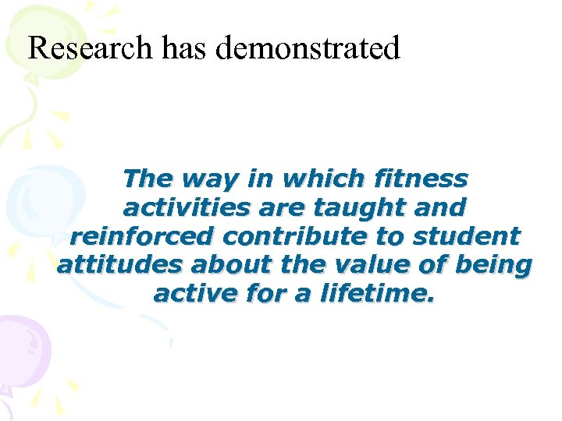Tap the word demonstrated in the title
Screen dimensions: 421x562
[x=308, y=48]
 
